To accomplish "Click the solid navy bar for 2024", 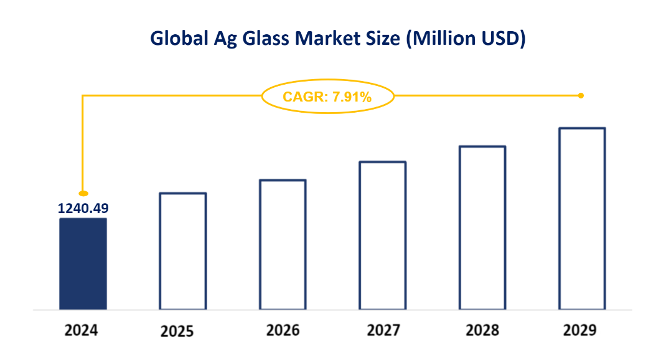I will click(83, 263).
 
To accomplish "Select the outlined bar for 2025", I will click(182, 251).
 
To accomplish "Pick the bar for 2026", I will click(283, 244).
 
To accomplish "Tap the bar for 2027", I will click(382, 235).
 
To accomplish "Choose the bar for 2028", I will click(482, 227).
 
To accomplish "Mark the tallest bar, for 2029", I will click(582, 218).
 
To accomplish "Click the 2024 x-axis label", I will click(82, 329).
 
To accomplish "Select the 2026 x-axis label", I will click(283, 329).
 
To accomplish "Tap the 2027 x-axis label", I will click(382, 329).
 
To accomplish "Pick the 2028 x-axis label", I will click(482, 329).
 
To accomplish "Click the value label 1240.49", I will click(83, 209).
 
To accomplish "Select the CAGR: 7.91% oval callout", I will click(327, 97).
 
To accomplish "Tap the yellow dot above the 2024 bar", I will click(83, 194).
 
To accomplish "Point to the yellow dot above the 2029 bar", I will click(581, 95).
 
